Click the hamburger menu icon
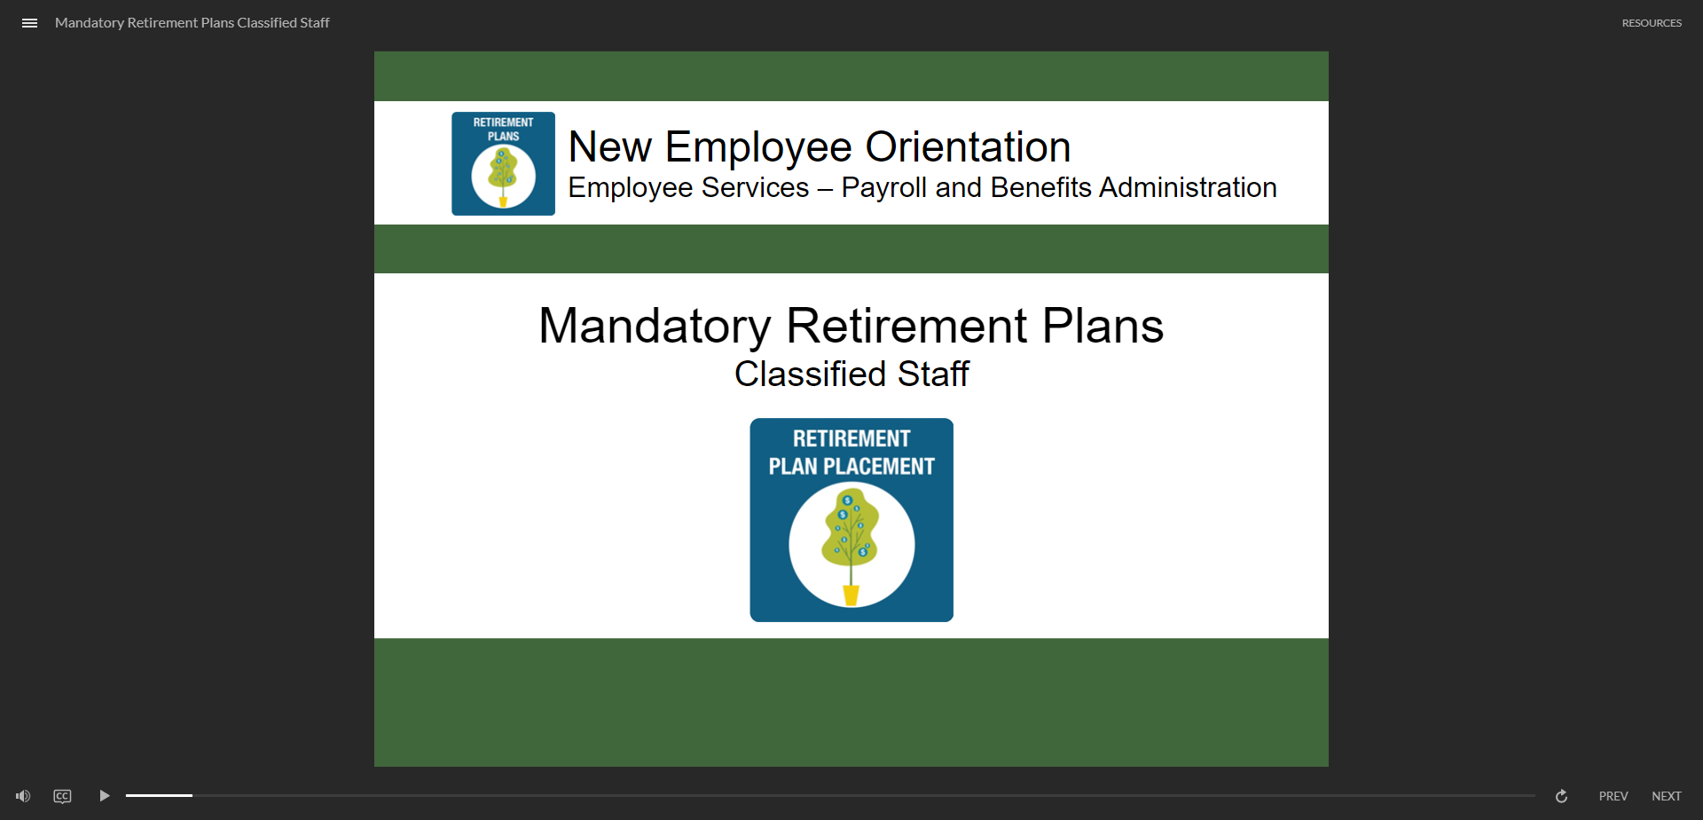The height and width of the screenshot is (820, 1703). (x=29, y=23)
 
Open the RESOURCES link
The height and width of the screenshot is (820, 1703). (x=1652, y=23)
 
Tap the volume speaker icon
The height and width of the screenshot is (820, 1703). (x=23, y=796)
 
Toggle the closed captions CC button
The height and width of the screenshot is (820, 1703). (x=62, y=796)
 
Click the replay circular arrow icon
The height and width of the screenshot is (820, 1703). (x=1561, y=796)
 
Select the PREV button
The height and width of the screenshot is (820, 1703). (x=1613, y=796)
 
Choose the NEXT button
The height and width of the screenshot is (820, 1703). (x=1666, y=796)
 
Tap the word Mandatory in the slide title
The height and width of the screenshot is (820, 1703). (x=655, y=327)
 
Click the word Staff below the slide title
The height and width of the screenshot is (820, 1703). (x=933, y=375)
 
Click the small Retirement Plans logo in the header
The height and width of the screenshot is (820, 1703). (x=503, y=163)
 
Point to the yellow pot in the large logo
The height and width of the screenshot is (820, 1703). (x=851, y=595)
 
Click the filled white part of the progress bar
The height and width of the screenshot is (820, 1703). (x=159, y=795)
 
